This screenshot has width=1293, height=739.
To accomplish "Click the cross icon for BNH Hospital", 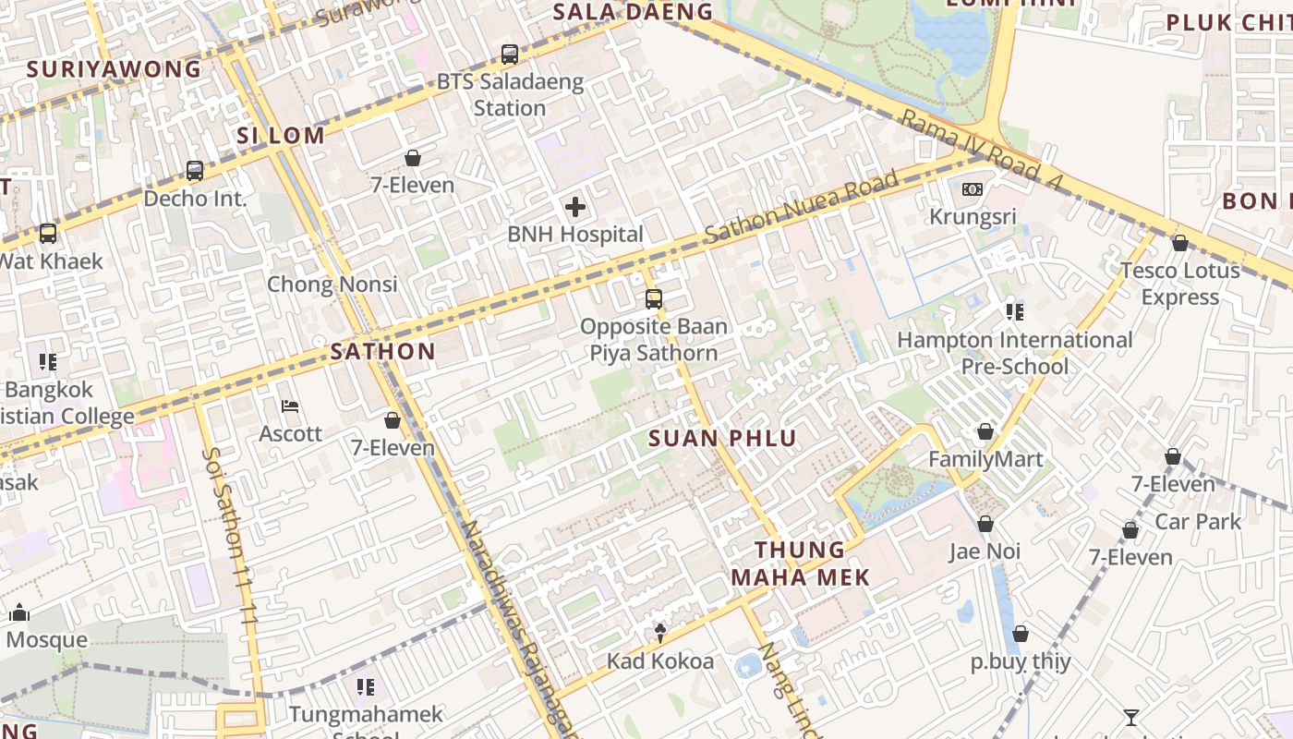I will pyautogui.click(x=574, y=207).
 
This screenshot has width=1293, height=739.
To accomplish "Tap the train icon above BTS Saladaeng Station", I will pyautogui.click(x=509, y=55).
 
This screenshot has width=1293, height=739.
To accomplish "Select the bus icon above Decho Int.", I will pyautogui.click(x=194, y=171).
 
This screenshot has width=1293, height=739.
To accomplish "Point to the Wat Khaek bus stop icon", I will pyautogui.click(x=47, y=234).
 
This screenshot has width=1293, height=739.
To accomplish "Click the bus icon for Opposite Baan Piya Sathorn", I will pyautogui.click(x=653, y=299).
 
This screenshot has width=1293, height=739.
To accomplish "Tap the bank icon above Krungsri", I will pyautogui.click(x=972, y=189).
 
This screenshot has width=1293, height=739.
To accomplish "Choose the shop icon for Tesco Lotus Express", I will pyautogui.click(x=1179, y=243).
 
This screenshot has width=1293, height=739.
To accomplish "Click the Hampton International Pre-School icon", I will pyautogui.click(x=1014, y=312).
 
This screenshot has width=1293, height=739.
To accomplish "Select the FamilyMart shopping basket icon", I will pyautogui.click(x=985, y=431).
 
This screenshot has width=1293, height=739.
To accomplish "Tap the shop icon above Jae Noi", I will pyautogui.click(x=985, y=524).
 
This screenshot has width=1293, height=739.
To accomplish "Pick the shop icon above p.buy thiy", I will pyautogui.click(x=1020, y=634).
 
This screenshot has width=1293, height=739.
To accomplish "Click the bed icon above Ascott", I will pyautogui.click(x=290, y=406).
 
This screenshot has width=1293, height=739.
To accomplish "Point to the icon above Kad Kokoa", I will pyautogui.click(x=659, y=634).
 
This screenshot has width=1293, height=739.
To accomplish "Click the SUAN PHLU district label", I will pyautogui.click(x=722, y=438).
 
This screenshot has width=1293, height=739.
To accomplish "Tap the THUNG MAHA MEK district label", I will pyautogui.click(x=800, y=563).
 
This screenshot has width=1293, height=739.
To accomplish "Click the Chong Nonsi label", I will pyautogui.click(x=332, y=284).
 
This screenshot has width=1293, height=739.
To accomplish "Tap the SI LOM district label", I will pyautogui.click(x=281, y=135).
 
